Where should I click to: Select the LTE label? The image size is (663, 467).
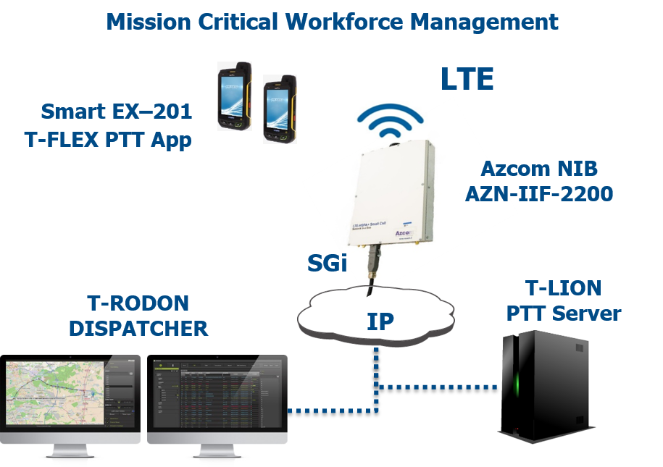[x=467, y=79]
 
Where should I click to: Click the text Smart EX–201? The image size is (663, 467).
[x=116, y=112]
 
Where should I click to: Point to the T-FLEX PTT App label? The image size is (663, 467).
[x=108, y=139]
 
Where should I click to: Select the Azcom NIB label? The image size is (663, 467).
[x=539, y=169]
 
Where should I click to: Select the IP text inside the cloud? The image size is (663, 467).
[x=379, y=321]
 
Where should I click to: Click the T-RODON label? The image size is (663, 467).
[x=138, y=303]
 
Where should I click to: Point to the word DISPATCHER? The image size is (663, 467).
[x=138, y=328]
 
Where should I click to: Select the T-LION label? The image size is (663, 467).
[x=563, y=288]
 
